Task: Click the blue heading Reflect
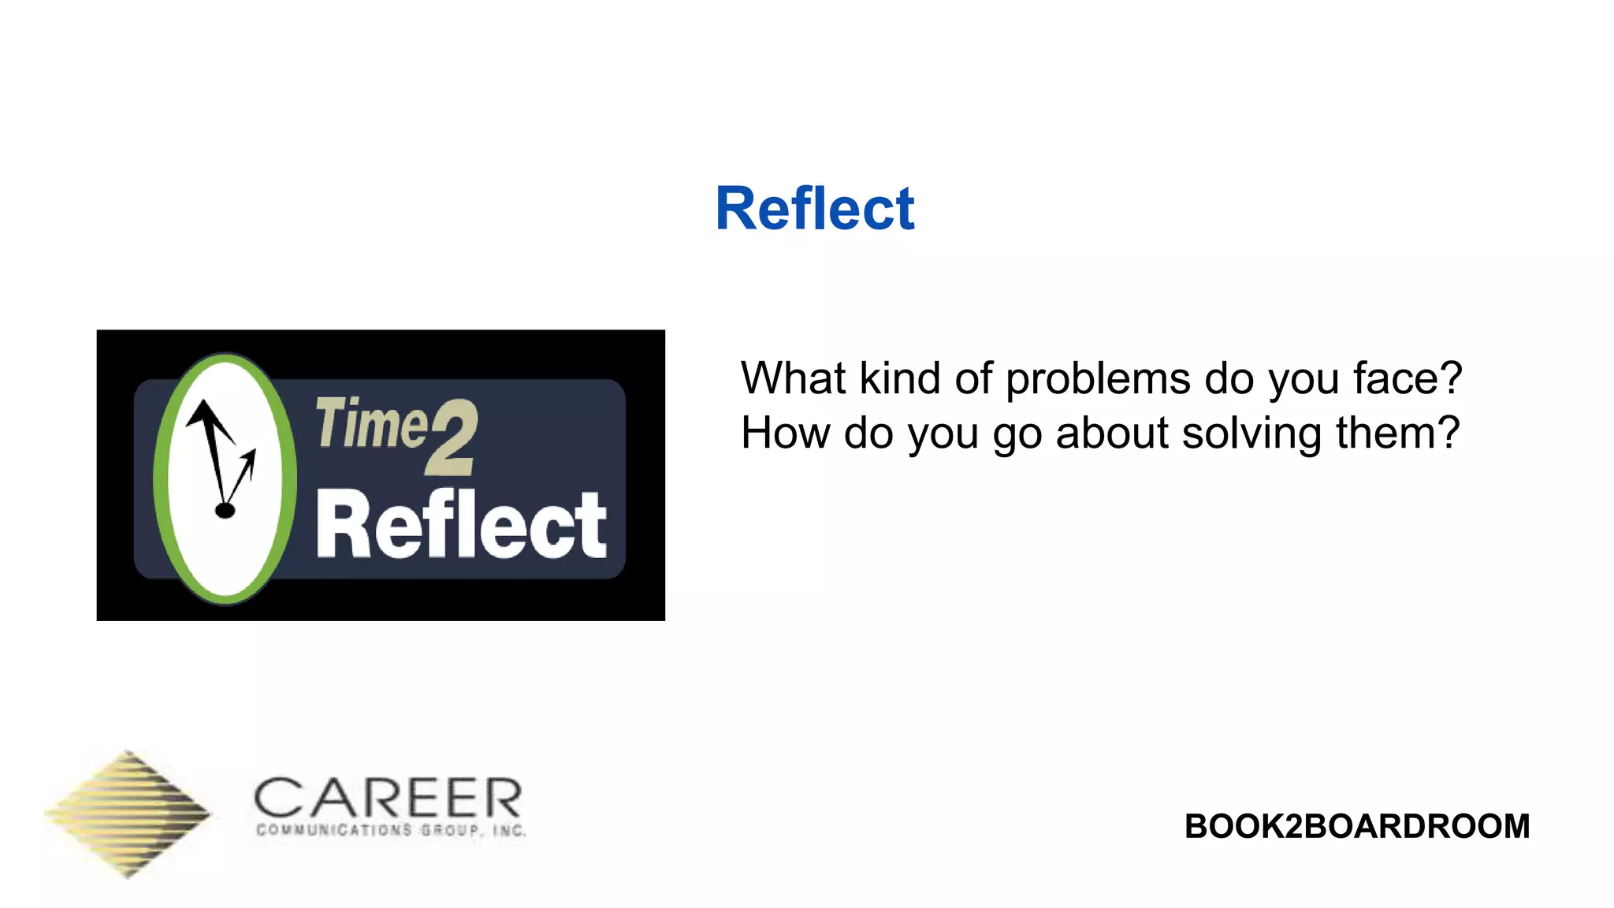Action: [814, 209]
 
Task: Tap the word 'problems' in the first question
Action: [1098, 380]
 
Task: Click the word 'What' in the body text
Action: [794, 378]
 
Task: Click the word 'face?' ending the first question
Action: [1408, 378]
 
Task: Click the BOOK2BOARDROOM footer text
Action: [1356, 826]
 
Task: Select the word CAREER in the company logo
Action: [388, 798]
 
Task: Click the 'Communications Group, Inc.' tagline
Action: [391, 830]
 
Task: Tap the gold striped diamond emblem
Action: [128, 813]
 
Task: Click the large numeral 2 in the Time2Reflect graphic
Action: [452, 437]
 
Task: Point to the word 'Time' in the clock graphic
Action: [370, 423]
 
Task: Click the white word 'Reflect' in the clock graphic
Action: [461, 524]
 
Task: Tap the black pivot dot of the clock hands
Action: [225, 511]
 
